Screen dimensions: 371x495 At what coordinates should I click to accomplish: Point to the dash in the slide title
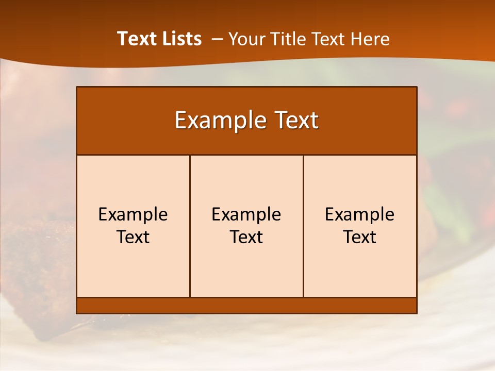pos(217,39)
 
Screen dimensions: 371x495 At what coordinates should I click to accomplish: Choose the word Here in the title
pos(370,39)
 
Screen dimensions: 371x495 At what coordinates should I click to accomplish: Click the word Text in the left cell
pos(133,238)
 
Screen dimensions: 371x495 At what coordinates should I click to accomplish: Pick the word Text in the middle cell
pos(246,238)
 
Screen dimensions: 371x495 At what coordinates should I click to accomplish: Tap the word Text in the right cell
pos(360,238)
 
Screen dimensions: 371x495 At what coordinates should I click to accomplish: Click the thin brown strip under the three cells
pos(246,306)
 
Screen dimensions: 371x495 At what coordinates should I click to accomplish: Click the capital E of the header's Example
pos(180,121)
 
